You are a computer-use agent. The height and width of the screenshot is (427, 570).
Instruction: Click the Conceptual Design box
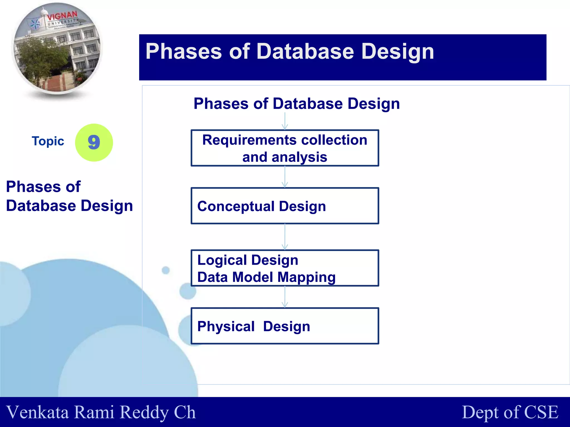pyautogui.click(x=285, y=206)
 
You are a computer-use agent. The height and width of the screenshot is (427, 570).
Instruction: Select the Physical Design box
pyautogui.click(x=285, y=326)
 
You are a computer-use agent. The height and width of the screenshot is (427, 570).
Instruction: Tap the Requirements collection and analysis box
pyautogui.click(x=285, y=148)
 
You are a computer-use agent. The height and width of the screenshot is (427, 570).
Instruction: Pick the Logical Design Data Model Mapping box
pyautogui.click(x=285, y=268)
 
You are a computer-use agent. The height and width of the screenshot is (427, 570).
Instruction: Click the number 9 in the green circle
pyautogui.click(x=94, y=142)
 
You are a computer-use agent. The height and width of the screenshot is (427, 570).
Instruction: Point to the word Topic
pyautogui.click(x=48, y=141)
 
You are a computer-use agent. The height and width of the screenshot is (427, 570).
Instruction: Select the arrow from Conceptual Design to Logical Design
pyautogui.click(x=285, y=237)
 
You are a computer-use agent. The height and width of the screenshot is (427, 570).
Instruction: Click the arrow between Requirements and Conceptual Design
pyautogui.click(x=285, y=177)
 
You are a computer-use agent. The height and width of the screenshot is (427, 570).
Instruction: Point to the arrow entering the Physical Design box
pyautogui.click(x=285, y=297)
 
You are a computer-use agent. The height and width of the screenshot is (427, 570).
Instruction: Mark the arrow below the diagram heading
pyautogui.click(x=285, y=121)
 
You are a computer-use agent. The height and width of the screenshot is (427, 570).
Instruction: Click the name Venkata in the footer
pyautogui.click(x=38, y=412)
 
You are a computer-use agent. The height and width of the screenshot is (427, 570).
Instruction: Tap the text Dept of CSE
pyautogui.click(x=510, y=412)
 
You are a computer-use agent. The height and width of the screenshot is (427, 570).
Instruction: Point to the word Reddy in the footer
pyautogui.click(x=144, y=412)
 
